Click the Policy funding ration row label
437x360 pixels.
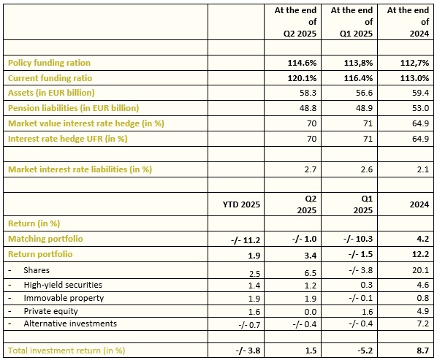(49, 63)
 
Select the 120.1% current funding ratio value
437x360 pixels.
(302, 78)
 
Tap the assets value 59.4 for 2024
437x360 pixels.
(420, 93)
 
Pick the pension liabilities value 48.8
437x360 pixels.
(308, 108)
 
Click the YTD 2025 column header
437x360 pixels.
(241, 204)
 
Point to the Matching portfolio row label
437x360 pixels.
(45, 239)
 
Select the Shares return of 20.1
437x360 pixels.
(420, 270)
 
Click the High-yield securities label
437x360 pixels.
(63, 285)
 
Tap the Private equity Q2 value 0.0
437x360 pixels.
(311, 312)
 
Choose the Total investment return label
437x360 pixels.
(66, 351)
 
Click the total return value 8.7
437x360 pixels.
(423, 351)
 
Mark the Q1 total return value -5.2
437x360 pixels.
(365, 351)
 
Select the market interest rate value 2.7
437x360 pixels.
(311, 169)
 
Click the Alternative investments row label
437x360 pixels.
(70, 323)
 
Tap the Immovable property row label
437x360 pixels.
(64, 298)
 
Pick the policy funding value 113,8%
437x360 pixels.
(358, 63)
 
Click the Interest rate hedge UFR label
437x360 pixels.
(68, 139)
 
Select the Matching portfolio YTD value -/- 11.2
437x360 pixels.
(246, 240)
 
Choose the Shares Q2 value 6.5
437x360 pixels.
(311, 273)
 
